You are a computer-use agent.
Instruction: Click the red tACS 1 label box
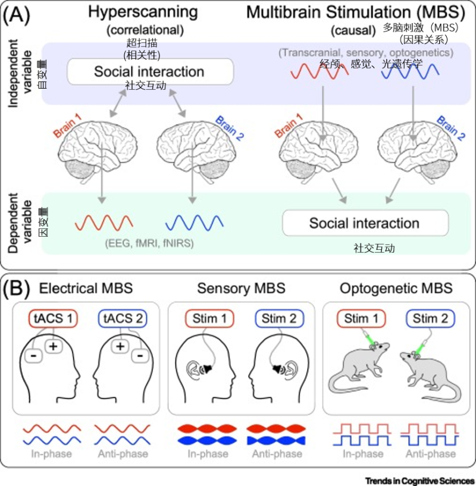[53, 318]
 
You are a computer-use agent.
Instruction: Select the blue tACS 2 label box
[123, 318]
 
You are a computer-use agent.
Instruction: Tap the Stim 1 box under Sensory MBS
[209, 318]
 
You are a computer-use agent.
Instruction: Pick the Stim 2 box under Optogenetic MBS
[430, 318]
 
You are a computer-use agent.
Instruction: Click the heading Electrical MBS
[86, 289]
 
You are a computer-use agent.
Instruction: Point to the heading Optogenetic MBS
[396, 289]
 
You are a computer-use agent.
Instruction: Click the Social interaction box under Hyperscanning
[150, 71]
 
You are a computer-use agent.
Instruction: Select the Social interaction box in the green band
[365, 223]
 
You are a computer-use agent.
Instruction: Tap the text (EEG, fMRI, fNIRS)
[149, 243]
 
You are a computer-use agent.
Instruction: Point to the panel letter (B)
[17, 289]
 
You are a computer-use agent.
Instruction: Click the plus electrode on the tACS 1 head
[54, 346]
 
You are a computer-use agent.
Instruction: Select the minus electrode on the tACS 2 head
[140, 356]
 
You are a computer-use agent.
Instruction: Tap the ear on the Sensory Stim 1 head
[193, 370]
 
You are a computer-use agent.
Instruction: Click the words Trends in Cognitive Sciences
[420, 481]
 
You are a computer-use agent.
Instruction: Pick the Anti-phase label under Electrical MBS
[123, 454]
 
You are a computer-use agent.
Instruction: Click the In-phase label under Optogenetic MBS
[363, 454]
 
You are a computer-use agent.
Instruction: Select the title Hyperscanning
[143, 12]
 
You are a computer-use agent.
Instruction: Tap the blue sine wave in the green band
[195, 222]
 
